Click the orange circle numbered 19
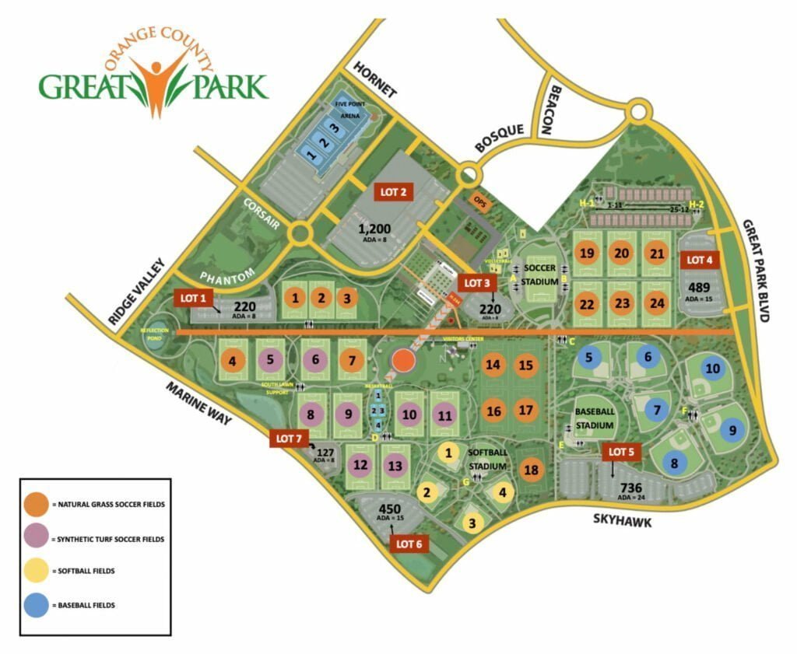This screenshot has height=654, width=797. point(588,253)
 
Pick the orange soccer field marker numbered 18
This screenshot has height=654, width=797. point(531,470)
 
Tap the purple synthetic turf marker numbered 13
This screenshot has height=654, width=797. point(395,465)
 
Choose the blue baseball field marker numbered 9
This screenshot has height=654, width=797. point(730,428)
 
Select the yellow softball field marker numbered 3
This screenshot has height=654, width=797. point(471,523)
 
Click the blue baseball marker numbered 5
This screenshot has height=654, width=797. point(589,358)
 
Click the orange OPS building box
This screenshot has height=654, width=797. point(479,199)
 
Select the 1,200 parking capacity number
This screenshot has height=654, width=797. point(377,229)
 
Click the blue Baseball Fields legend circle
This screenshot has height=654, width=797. point(37,604)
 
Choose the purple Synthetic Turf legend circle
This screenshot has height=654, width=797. point(37,537)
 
